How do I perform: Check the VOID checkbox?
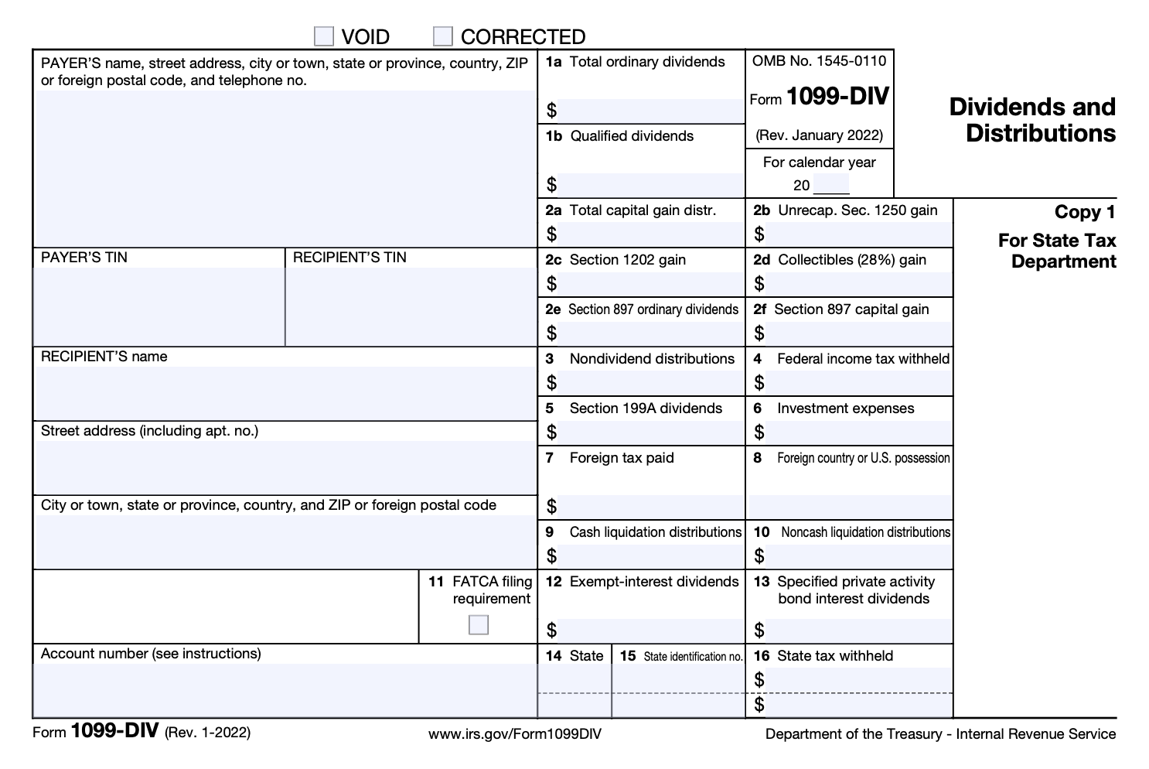324,36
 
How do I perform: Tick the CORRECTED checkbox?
442,36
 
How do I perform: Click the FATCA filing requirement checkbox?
479,624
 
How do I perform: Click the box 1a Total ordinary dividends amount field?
650,111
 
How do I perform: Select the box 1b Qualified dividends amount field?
650,185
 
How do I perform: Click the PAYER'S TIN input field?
159,306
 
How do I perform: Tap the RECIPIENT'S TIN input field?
411,306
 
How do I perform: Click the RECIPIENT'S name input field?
285,392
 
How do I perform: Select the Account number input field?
285,689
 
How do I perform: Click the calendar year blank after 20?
831,186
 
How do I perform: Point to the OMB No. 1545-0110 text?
819,61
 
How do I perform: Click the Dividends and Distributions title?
1032,120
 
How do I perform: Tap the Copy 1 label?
1085,212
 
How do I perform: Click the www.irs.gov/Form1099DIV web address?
514,733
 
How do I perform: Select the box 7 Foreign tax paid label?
621,458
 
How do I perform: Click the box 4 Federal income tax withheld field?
858,382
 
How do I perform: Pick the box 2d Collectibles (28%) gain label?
851,260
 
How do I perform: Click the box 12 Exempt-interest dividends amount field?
650,630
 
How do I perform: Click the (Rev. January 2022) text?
819,135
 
